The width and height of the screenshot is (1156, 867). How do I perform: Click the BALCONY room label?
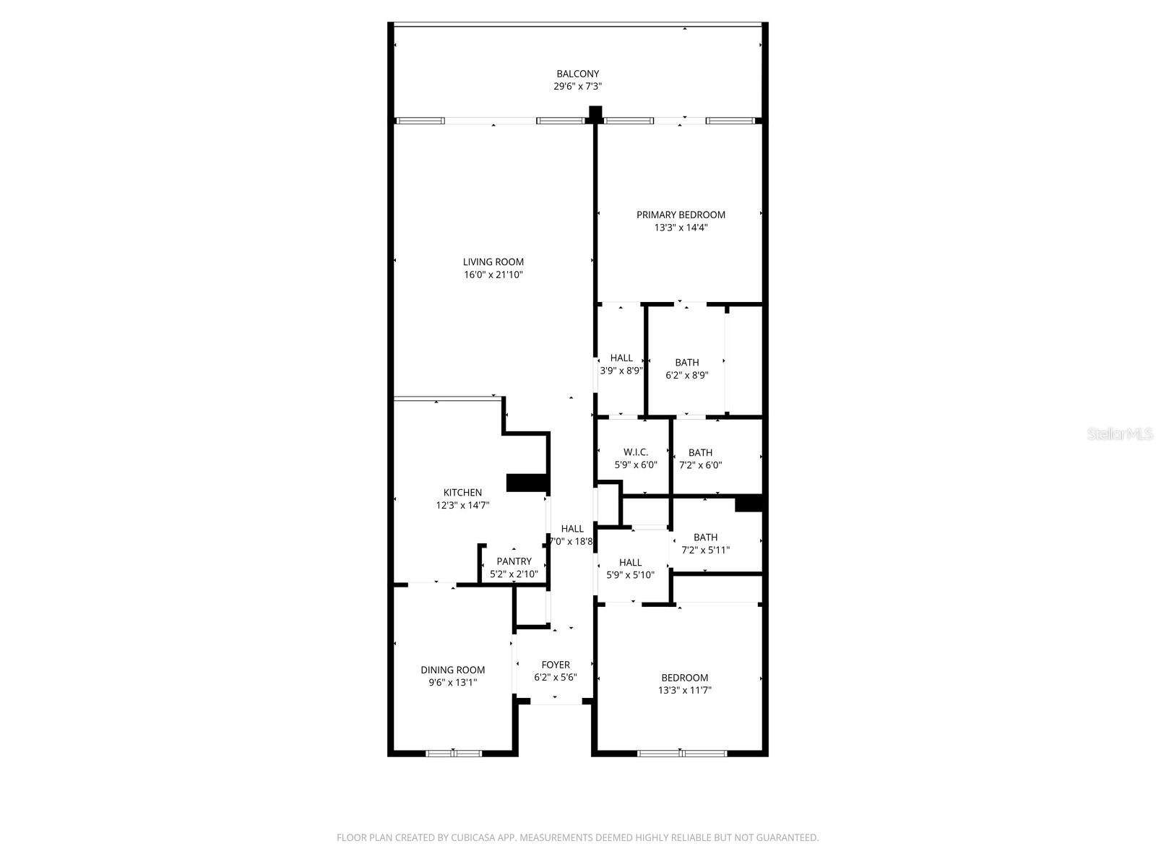[x=577, y=74]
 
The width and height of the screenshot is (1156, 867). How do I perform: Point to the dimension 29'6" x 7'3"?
[x=577, y=87]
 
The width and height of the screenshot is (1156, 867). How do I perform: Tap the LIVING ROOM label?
[x=493, y=262]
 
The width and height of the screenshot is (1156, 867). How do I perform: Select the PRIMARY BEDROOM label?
[x=681, y=215]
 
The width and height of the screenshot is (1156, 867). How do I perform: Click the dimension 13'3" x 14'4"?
[x=681, y=228]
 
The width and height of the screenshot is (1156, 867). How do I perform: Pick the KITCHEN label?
[x=462, y=493]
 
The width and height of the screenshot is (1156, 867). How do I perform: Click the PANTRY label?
[x=514, y=561]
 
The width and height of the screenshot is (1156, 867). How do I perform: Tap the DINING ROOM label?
[x=453, y=670]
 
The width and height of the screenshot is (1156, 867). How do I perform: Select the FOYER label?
[x=556, y=665]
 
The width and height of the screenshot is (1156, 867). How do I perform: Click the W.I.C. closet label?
[x=636, y=452]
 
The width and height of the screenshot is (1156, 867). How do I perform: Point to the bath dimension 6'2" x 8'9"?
[x=686, y=376]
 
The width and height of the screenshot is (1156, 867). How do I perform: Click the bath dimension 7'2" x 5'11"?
[x=705, y=551]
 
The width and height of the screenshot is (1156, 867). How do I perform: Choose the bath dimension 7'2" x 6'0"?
[x=700, y=466]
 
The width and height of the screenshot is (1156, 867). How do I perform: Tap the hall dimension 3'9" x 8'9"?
[x=621, y=371]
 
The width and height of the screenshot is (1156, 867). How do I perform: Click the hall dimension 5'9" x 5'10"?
[x=630, y=575]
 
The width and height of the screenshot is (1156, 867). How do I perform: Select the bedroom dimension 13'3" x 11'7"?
[x=684, y=691]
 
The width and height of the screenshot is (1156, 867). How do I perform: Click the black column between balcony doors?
[x=595, y=113]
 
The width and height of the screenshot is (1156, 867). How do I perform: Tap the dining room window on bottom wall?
[x=453, y=754]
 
